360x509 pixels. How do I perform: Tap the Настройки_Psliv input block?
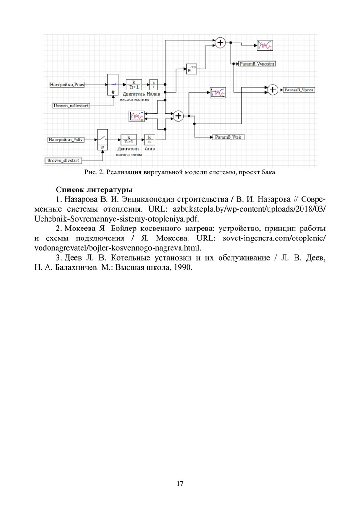[66, 140]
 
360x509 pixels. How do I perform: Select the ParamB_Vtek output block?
[229, 137]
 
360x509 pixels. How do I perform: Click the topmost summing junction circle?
[221, 42]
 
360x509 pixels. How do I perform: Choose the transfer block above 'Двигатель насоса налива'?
[134, 84]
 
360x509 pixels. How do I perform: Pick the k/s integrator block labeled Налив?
[154, 84]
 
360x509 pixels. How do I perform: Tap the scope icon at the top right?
[265, 45]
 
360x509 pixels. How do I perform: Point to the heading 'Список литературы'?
[94, 190]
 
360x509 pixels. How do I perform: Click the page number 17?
[180, 484]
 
